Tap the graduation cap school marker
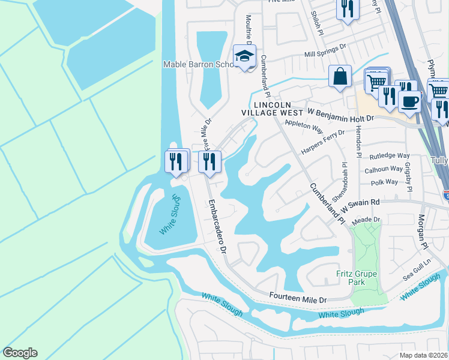[244, 56]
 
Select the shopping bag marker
[340, 77]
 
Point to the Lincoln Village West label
[272, 109]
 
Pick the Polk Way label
[384, 182]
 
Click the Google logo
[20, 353]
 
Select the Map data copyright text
[424, 355]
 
